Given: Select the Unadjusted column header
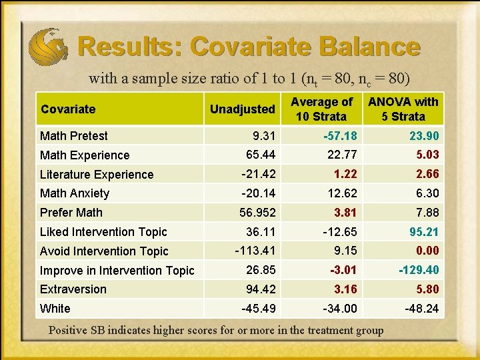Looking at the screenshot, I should click(x=242, y=109).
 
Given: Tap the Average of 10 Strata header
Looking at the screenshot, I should click(x=322, y=109).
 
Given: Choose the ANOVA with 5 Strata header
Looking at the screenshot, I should click(x=403, y=109).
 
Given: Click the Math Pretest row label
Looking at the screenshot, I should click(x=73, y=136).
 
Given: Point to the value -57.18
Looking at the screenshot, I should click(x=339, y=136).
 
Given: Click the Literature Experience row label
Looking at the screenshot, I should click(x=97, y=175).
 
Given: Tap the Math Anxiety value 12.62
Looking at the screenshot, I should click(x=342, y=193).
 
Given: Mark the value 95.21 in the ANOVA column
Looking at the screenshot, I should click(x=424, y=232).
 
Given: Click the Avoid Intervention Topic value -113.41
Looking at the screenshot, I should click(x=256, y=251).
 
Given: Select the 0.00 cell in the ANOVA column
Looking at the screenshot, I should click(x=427, y=251).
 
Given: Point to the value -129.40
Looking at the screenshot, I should click(x=419, y=270).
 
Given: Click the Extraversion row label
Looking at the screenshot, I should click(x=73, y=289).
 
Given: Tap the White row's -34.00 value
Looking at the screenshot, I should click(x=339, y=309).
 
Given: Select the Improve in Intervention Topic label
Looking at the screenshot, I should click(x=117, y=271).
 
